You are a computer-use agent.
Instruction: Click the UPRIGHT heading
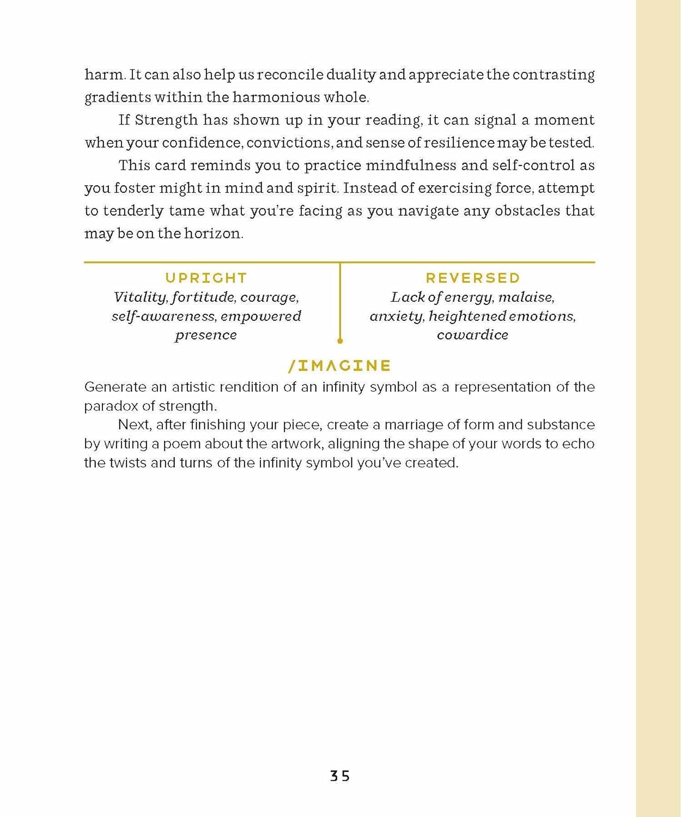coord(206,278)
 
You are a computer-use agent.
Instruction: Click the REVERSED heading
coord(473,278)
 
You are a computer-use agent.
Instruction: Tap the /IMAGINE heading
coord(339,365)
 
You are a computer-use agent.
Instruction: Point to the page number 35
coord(340,776)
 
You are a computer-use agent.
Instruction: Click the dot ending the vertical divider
coord(340,341)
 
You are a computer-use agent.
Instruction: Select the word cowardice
coord(472,334)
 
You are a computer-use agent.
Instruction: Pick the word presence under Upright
coord(206,334)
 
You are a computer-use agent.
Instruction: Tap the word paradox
coord(111,406)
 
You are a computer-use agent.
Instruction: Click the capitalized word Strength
coord(166,120)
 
